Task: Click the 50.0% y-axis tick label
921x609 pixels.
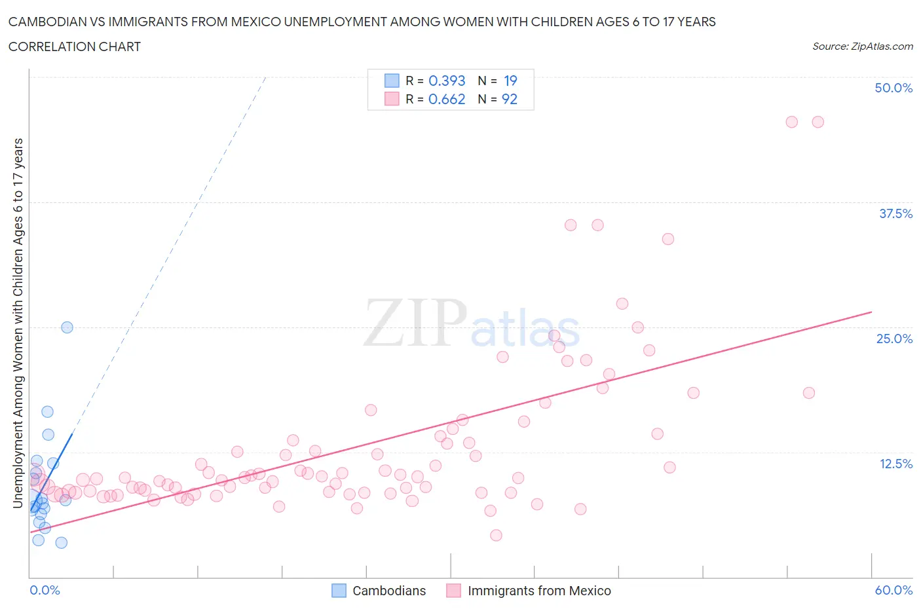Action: pos(893,88)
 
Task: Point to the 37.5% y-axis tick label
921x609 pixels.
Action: pos(895,213)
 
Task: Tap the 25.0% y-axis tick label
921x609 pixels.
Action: pos(894,339)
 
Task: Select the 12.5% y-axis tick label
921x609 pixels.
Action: pos(895,464)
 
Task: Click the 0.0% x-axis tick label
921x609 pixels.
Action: pos(45,590)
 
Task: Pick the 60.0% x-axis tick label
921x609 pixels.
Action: pos(893,590)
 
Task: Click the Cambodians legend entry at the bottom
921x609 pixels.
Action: pos(388,591)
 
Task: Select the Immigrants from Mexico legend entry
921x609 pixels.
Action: pos(538,591)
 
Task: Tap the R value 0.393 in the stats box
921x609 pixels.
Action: pos(447,81)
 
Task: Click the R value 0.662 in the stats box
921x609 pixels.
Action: pos(447,99)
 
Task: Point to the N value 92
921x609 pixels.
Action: pos(510,99)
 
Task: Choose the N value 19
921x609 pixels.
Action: pos(510,81)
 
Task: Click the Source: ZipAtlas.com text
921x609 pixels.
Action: pos(862,46)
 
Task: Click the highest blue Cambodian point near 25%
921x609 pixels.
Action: pos(67,327)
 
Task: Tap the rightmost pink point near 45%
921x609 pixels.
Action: pos(818,122)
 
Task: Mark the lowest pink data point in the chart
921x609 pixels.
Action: pos(496,535)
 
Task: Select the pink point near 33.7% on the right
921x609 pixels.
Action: pos(667,239)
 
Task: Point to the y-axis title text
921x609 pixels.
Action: pos(18,323)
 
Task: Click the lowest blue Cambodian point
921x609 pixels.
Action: pos(61,542)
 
